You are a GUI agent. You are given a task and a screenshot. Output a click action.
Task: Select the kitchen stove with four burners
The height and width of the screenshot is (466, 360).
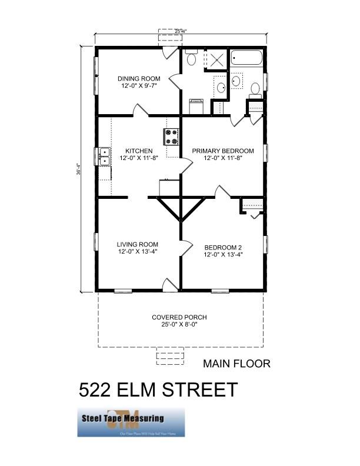click(172, 137)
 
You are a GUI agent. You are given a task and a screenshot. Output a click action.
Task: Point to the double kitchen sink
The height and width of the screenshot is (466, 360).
click(104, 156)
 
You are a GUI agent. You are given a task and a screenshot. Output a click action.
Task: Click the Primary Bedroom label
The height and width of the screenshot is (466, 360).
click(224, 151)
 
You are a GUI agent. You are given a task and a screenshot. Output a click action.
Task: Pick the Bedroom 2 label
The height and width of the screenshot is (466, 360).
click(222, 247)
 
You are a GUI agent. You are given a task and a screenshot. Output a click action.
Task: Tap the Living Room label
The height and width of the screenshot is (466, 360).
click(138, 244)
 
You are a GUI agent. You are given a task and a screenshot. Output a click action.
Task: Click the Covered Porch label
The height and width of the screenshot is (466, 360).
click(179, 317)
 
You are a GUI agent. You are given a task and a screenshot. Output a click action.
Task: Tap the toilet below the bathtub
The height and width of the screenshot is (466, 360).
click(255, 90)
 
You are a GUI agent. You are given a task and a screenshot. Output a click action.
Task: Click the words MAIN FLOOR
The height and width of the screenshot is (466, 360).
click(236, 364)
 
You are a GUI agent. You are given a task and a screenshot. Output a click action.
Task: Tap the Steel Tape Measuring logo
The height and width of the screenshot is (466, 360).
click(131, 422)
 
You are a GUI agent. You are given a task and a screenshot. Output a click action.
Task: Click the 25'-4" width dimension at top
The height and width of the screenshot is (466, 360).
click(181, 31)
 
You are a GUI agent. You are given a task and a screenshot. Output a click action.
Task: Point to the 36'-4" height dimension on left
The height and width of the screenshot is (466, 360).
click(79, 168)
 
